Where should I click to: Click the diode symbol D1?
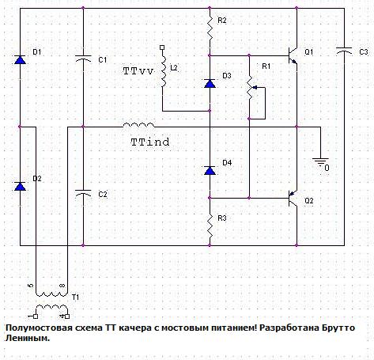(20, 60)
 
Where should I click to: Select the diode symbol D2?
(20, 186)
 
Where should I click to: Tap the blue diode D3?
(210, 83)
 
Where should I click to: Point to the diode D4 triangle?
(210, 170)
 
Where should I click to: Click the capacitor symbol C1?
(83, 59)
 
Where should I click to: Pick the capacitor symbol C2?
(83, 193)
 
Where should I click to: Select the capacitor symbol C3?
(344, 51)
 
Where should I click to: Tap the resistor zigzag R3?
(210, 225)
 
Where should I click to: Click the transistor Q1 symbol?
(293, 56)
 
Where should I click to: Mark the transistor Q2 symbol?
(293, 199)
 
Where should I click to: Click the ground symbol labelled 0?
(320, 161)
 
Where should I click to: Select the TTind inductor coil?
(138, 125)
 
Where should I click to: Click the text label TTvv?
(138, 71)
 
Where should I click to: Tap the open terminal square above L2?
(162, 47)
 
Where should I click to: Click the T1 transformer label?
(75, 297)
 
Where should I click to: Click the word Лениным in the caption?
(28, 339)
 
